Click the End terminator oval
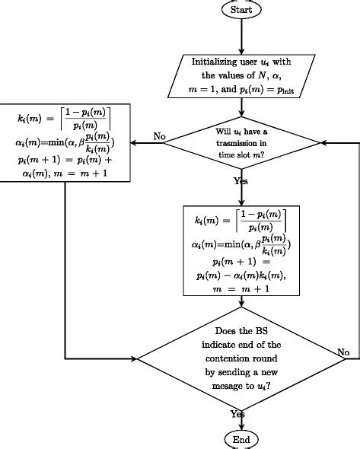(x=241, y=439)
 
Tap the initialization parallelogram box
(x=240, y=75)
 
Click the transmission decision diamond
(x=241, y=142)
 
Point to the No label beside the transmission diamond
(x=159, y=136)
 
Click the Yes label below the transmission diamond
(x=240, y=182)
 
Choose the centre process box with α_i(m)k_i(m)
(x=241, y=250)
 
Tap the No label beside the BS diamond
(x=344, y=352)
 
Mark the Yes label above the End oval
(x=237, y=413)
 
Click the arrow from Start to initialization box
(x=241, y=35)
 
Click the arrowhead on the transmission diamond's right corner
(x=324, y=143)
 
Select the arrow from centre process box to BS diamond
(x=241, y=302)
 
